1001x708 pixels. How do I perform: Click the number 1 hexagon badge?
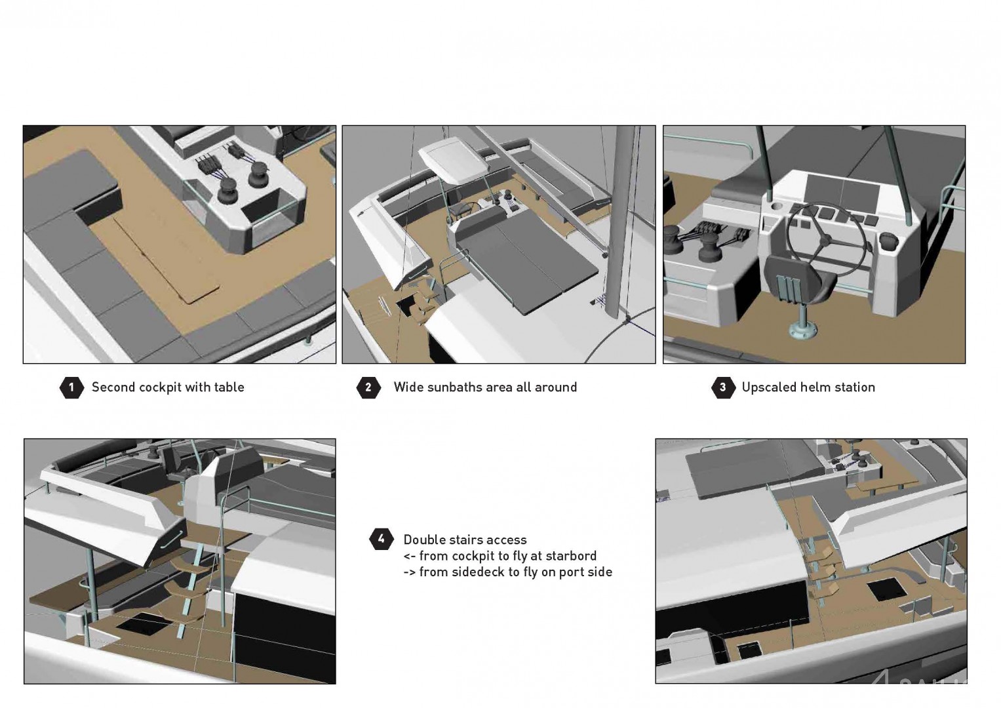tap(71, 387)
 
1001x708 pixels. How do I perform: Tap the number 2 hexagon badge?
tap(368, 387)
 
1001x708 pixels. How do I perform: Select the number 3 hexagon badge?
tap(723, 387)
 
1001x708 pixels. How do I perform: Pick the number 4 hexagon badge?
tap(381, 539)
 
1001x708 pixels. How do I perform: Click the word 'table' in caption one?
tap(229, 387)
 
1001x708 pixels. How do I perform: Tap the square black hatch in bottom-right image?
tap(888, 589)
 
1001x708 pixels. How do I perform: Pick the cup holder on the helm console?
tap(777, 207)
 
